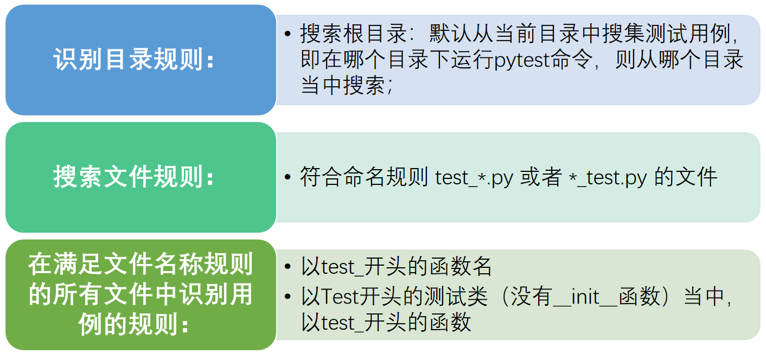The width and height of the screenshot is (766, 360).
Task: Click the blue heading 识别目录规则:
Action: [133, 60]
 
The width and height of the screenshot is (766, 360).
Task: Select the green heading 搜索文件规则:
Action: [133, 177]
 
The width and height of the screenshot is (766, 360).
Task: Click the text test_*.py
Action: [474, 178]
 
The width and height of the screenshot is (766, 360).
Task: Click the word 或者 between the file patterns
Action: [541, 177]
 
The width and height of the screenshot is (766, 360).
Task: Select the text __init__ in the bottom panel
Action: [585, 297]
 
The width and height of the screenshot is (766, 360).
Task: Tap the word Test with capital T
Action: [341, 296]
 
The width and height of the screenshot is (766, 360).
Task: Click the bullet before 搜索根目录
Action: [288, 34]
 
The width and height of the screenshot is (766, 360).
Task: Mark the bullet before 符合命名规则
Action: [288, 177]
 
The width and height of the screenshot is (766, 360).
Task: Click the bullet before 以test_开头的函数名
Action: [288, 267]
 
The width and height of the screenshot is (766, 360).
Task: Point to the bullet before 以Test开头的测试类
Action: [288, 296]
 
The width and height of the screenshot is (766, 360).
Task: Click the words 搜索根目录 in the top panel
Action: [354, 34]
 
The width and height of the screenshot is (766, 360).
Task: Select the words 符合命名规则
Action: [364, 177]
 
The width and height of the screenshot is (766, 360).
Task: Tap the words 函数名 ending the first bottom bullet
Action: [461, 266]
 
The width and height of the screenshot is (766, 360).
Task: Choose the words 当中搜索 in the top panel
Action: [343, 85]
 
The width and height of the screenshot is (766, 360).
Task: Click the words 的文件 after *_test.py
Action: [686, 177]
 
